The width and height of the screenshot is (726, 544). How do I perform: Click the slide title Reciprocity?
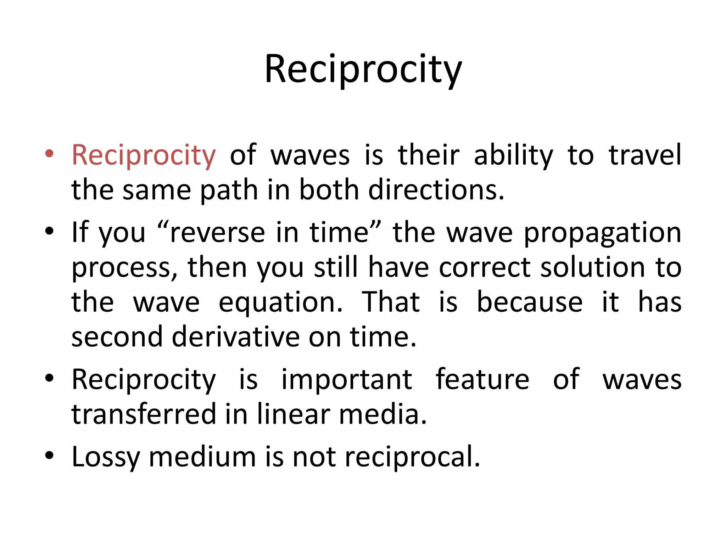[x=363, y=69]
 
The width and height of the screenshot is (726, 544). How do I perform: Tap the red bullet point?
[x=49, y=154]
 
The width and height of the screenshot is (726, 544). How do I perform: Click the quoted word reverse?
[x=217, y=233]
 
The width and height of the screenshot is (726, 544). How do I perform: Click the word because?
[x=530, y=302]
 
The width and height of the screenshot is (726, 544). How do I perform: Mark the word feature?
[x=482, y=379]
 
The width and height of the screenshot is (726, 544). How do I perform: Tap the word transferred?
[x=144, y=414]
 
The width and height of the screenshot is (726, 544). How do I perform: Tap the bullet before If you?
[x=49, y=231]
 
